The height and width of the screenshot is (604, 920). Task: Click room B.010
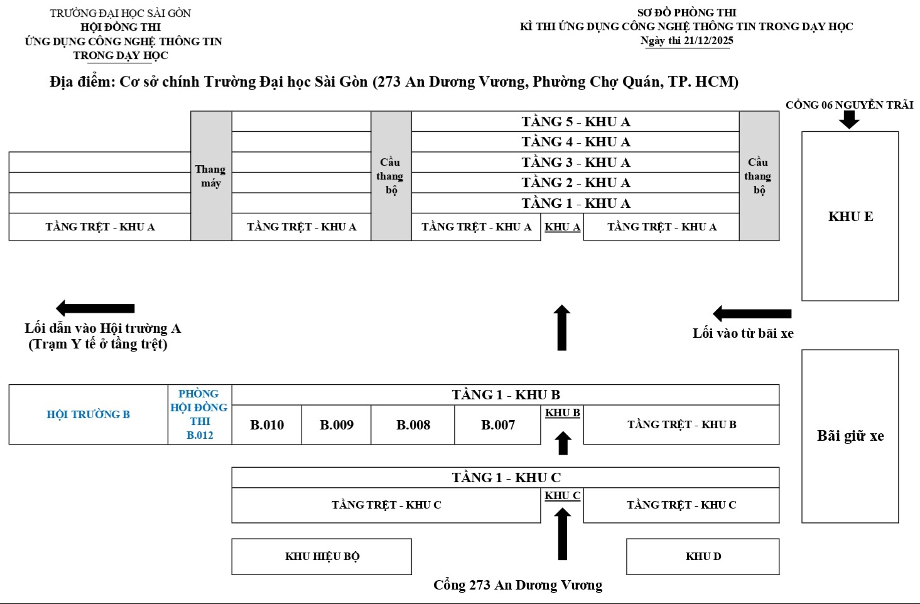(267, 425)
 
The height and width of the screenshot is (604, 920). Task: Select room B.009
(337, 425)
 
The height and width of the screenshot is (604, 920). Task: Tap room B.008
(413, 425)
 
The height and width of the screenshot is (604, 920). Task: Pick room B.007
(498, 425)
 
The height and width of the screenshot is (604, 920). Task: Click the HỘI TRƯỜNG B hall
(89, 414)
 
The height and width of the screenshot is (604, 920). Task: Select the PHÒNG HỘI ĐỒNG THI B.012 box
(200, 414)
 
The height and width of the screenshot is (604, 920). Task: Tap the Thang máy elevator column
(211, 176)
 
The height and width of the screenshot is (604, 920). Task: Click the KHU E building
(850, 217)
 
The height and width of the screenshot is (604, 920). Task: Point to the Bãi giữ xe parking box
(850, 436)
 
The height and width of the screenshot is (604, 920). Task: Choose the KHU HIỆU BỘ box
(322, 556)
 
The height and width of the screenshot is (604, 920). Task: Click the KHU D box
(703, 556)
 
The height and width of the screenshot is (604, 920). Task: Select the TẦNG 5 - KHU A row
(575, 122)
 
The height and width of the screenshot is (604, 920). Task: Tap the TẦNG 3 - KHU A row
(575, 163)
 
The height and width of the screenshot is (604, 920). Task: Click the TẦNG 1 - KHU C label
(506, 478)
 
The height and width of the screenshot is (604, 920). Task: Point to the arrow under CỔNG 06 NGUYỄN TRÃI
(849, 119)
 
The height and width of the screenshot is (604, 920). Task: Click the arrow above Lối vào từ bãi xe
(752, 313)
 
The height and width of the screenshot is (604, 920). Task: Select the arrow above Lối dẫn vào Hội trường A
(95, 308)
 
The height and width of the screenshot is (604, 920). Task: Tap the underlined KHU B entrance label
(562, 413)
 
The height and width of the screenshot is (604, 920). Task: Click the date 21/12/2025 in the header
(708, 41)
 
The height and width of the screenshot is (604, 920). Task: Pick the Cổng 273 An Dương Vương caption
(517, 585)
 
